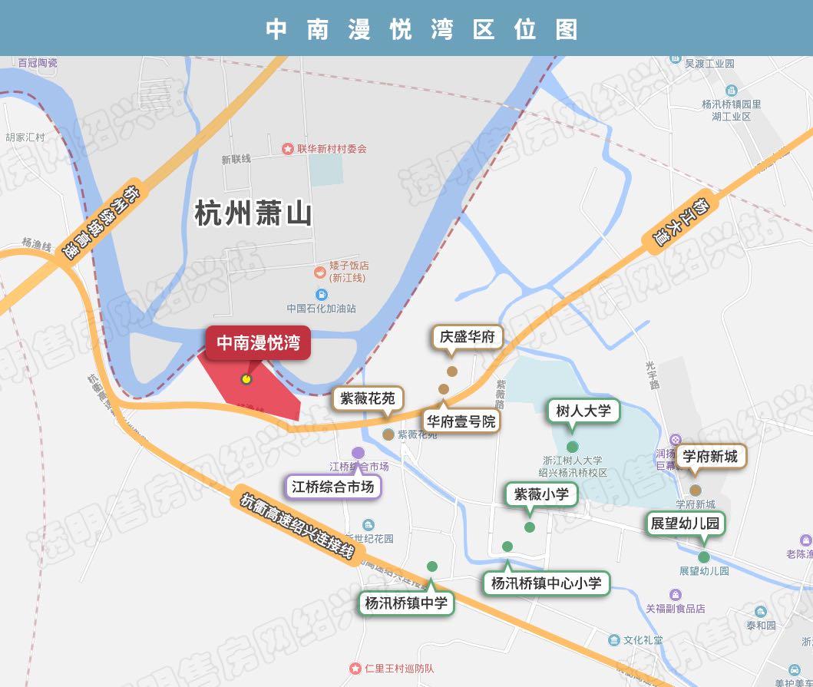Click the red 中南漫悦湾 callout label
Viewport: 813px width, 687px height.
coord(258,342)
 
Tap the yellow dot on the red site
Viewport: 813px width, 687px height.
coord(246,378)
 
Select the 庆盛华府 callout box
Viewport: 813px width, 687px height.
coord(467,336)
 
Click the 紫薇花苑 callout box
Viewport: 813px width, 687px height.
coord(368,398)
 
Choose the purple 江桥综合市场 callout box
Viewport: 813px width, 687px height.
coord(334,486)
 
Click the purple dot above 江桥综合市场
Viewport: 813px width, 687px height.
coord(358,453)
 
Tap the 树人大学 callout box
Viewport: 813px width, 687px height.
coord(583,411)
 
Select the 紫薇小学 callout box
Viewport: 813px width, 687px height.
coord(541,494)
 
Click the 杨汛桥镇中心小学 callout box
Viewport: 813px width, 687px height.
coord(547,583)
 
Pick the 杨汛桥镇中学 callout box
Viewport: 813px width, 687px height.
coord(406,603)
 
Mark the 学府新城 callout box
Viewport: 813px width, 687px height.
coord(709,457)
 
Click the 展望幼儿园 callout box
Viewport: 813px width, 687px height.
coord(685,524)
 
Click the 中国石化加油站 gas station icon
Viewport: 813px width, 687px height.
coord(320,295)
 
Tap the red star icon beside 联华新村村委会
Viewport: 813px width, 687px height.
coord(288,148)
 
